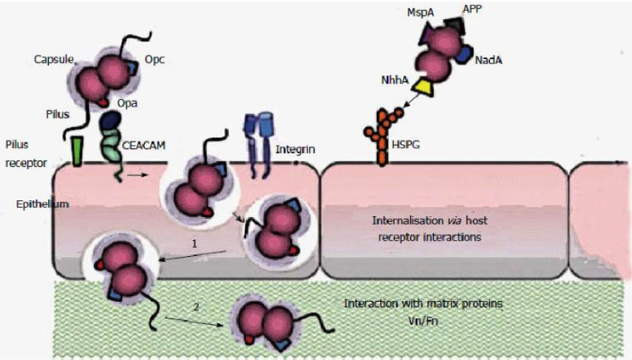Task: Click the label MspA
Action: (421, 13)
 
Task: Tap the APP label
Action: (472, 9)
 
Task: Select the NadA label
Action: (488, 61)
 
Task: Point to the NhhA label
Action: (395, 80)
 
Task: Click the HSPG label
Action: (406, 144)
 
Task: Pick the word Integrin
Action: (295, 150)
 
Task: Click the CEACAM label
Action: (144, 145)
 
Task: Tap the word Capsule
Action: (53, 60)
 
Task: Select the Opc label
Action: (155, 59)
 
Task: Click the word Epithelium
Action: (42, 204)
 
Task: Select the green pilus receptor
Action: (77, 151)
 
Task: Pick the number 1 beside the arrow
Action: (195, 244)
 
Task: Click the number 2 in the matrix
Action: (196, 307)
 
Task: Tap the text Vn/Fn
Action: (423, 321)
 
